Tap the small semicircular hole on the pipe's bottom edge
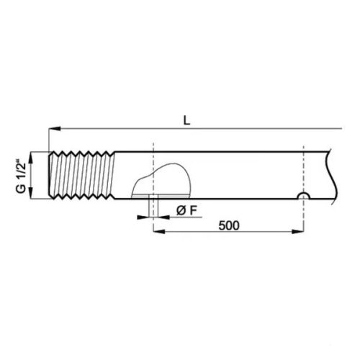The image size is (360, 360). point(305,197)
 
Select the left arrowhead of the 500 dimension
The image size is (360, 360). point(158,232)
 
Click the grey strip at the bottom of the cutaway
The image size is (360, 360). point(162,194)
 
